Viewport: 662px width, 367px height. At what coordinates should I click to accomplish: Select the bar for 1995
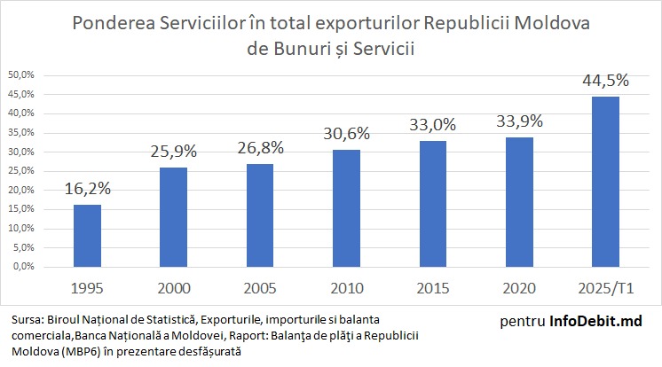coord(87,235)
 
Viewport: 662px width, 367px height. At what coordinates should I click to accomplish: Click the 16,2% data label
coord(87,189)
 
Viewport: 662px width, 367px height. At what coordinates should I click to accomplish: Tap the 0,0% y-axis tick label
coord(23,267)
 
